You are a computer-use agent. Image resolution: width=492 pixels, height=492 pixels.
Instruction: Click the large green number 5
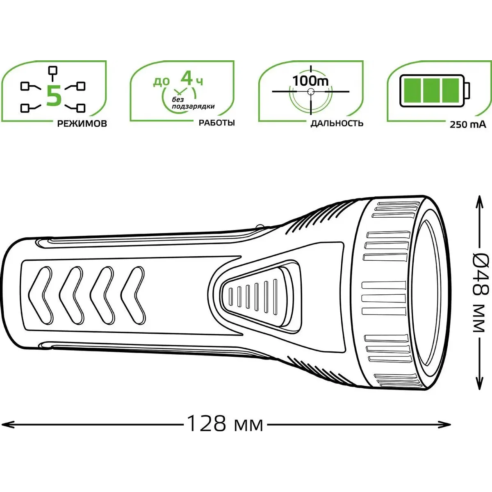(54, 96)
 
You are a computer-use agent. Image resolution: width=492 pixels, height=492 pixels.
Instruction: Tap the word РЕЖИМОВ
(82, 124)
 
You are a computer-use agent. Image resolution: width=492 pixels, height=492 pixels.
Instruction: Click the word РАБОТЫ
(217, 123)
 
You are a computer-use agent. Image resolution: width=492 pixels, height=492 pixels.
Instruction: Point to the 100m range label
(310, 81)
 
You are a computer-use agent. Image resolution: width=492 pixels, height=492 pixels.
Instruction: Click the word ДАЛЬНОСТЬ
(337, 123)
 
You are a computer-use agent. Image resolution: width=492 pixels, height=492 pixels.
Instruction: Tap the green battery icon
(434, 90)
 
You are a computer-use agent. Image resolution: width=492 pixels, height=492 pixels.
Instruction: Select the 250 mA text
(468, 125)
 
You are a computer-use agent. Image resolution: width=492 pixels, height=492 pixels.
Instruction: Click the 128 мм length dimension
(225, 425)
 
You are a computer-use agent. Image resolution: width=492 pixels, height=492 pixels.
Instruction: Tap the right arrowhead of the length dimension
(446, 425)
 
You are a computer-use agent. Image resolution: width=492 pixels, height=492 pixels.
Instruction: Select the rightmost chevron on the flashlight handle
(133, 295)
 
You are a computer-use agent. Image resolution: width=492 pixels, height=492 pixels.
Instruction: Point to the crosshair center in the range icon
(311, 91)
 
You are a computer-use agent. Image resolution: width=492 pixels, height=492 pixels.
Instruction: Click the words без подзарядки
(193, 103)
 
